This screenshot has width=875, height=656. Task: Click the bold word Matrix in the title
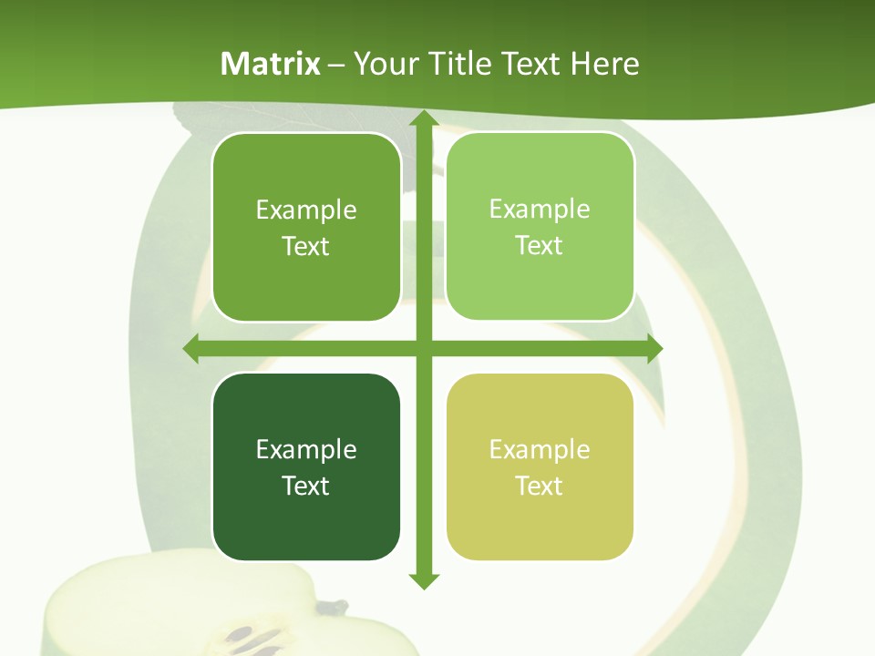[x=271, y=64]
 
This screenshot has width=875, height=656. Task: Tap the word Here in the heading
[x=604, y=64]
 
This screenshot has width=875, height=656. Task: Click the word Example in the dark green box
[x=306, y=449]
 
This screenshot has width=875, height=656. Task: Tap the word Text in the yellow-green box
[x=540, y=486]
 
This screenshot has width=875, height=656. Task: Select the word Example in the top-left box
[x=306, y=210]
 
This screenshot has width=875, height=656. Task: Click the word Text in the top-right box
[x=540, y=245]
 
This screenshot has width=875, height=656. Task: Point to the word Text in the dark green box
[x=306, y=486]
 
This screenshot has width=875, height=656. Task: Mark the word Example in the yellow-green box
[x=540, y=449]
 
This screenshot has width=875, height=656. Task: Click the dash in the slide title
[x=336, y=65]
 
